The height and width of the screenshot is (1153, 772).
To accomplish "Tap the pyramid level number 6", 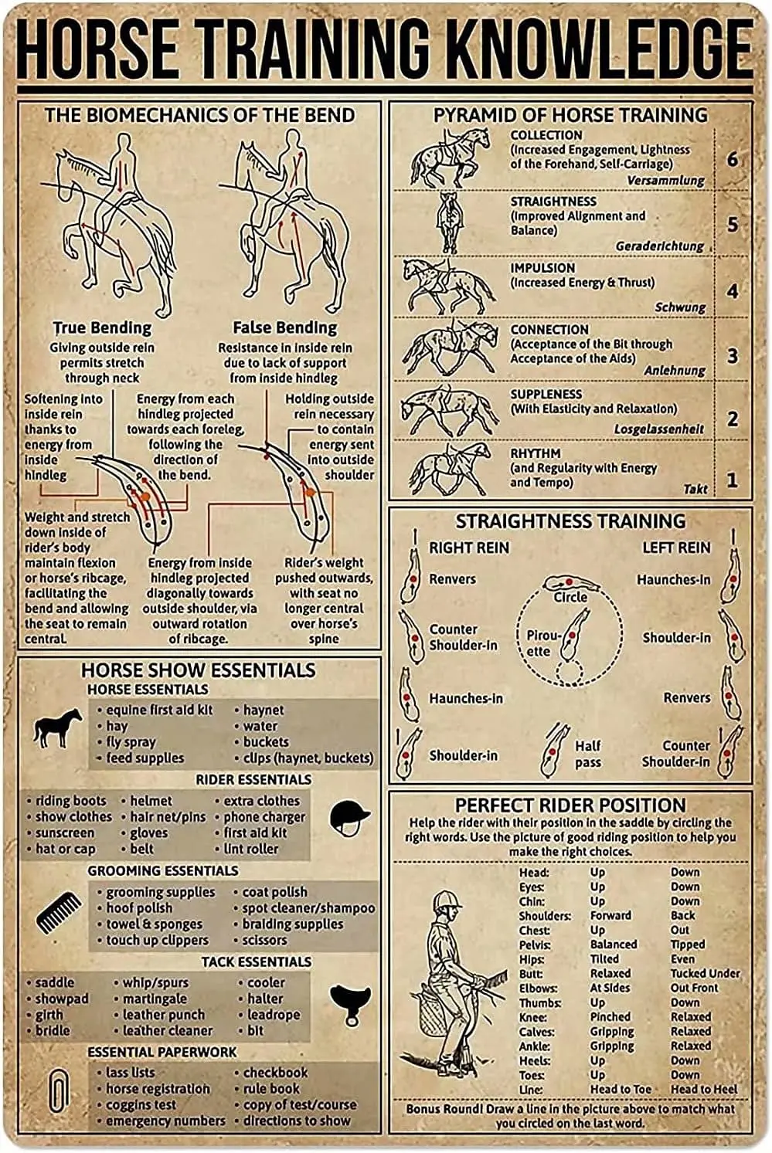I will pos(732,160).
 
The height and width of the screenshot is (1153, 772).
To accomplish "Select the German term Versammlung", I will pos(665,180).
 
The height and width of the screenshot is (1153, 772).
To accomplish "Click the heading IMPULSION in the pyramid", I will pos(542,268).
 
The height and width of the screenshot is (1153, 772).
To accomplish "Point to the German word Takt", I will pos(695,489).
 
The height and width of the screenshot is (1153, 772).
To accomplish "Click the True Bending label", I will pos(102,327).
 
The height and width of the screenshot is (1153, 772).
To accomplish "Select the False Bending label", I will pos(284,327).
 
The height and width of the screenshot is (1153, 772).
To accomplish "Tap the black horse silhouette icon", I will pos(58,728).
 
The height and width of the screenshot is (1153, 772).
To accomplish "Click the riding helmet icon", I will pos(349,817).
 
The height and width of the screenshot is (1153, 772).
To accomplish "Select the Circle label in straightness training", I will pos(570,598).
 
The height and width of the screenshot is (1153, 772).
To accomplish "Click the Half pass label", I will pos(587,754).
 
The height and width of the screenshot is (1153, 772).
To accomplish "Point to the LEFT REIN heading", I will pos(675,548).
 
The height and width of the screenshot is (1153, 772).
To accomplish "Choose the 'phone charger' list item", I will pos(264,817).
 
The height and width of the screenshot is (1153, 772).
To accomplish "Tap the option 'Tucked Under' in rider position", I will pos(704,974).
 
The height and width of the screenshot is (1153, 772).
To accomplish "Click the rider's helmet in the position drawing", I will pos(447,900).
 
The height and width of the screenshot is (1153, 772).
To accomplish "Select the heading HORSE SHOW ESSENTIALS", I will pos(199,670).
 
